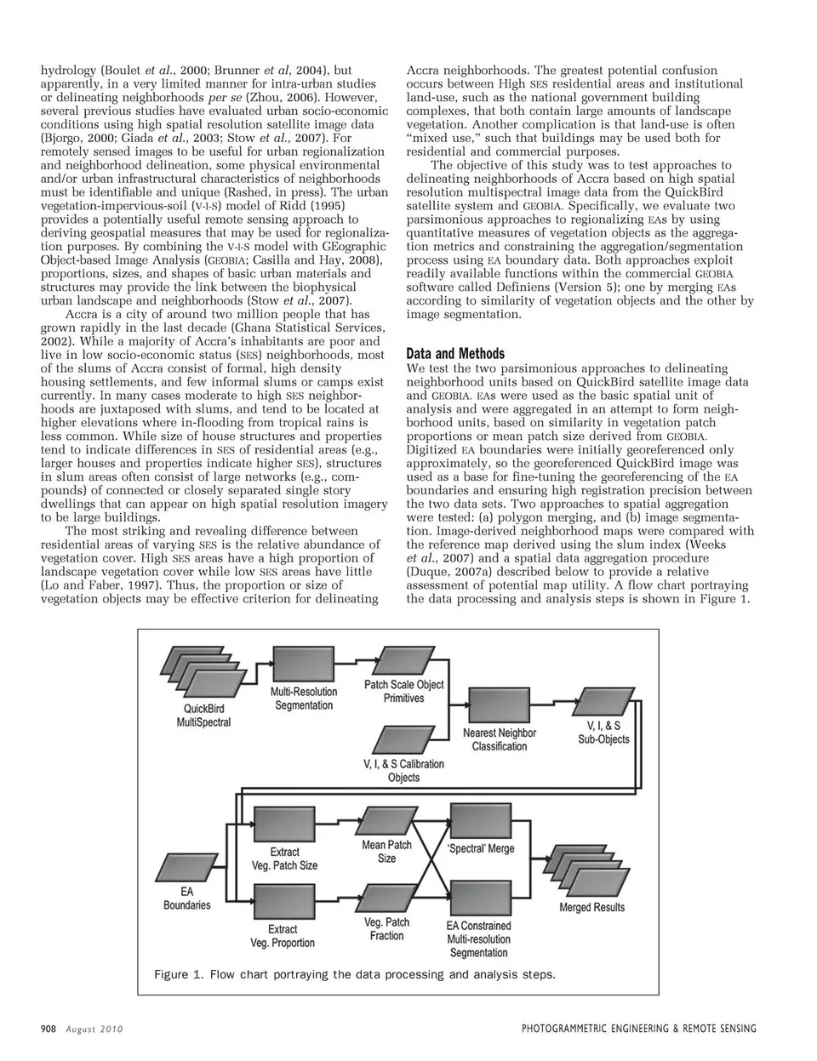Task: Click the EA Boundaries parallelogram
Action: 186,865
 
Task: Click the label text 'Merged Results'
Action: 591,908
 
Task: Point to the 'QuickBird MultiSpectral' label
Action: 203,716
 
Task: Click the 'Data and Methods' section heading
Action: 455,353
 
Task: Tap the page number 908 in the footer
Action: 48,1029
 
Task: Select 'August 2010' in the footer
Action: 94,1029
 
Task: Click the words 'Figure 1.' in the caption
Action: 179,974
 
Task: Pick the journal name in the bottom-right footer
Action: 638,1029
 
